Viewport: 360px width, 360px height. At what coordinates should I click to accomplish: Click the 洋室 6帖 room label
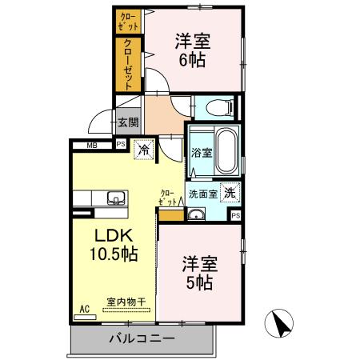click(x=193, y=49)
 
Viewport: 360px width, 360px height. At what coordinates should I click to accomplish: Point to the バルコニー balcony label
click(x=142, y=338)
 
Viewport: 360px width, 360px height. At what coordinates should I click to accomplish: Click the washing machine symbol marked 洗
click(x=230, y=192)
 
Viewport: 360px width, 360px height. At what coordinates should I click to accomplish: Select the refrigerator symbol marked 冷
click(x=145, y=150)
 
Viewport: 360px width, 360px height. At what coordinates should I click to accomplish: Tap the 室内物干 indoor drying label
click(x=126, y=302)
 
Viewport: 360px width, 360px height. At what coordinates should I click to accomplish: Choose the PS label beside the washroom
click(x=235, y=215)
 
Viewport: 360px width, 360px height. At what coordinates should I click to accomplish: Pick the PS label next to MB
click(x=120, y=145)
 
